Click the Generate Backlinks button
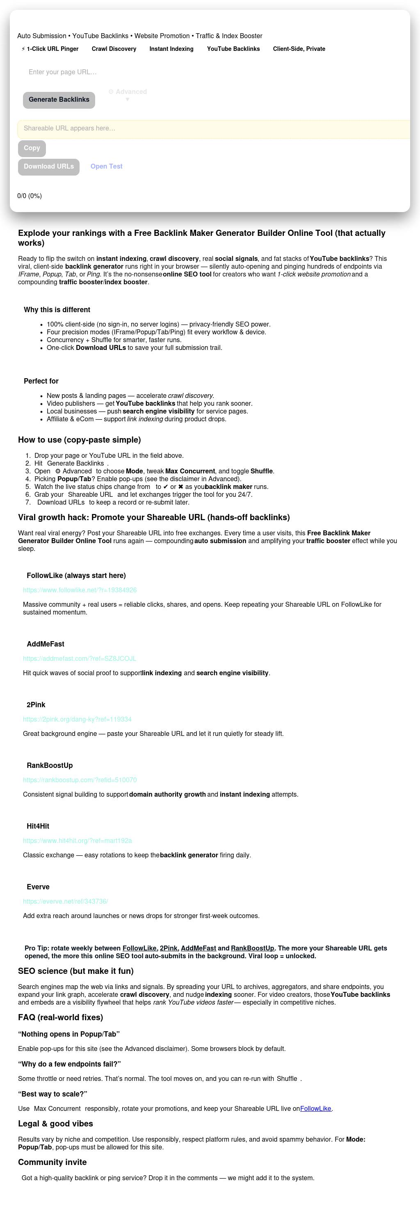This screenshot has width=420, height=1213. tap(59, 100)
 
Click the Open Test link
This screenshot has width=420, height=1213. tap(106, 167)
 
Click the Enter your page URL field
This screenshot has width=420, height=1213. tap(141, 72)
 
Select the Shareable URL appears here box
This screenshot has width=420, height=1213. tap(212, 128)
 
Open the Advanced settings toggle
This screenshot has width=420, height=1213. tap(128, 94)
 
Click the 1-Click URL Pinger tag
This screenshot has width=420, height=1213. tap(50, 49)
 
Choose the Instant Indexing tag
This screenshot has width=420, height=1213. tap(171, 49)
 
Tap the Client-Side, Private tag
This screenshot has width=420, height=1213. tap(299, 49)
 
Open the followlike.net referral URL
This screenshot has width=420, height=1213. tap(80, 590)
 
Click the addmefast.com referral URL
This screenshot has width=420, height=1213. tap(80, 658)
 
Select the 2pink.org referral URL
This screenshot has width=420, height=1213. tap(77, 719)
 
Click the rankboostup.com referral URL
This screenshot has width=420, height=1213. tap(80, 780)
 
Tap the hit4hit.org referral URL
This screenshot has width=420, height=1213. tap(77, 841)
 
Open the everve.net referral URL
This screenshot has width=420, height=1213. tap(66, 901)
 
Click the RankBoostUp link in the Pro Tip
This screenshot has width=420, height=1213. tap(252, 948)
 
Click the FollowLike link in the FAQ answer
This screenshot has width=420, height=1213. tap(315, 1108)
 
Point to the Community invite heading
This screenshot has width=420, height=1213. tap(52, 1162)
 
